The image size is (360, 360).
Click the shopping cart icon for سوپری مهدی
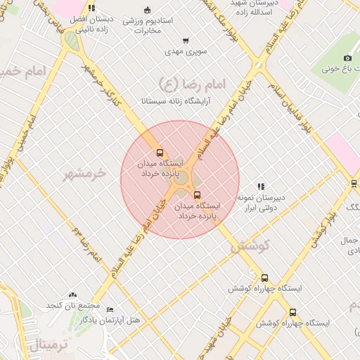pos(185,41)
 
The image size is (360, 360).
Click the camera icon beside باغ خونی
pos(347,58)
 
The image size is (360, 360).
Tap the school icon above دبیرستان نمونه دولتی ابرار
pos(261,186)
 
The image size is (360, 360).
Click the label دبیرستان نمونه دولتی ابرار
pos(260,202)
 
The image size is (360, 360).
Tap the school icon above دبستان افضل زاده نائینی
pos(91,8)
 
